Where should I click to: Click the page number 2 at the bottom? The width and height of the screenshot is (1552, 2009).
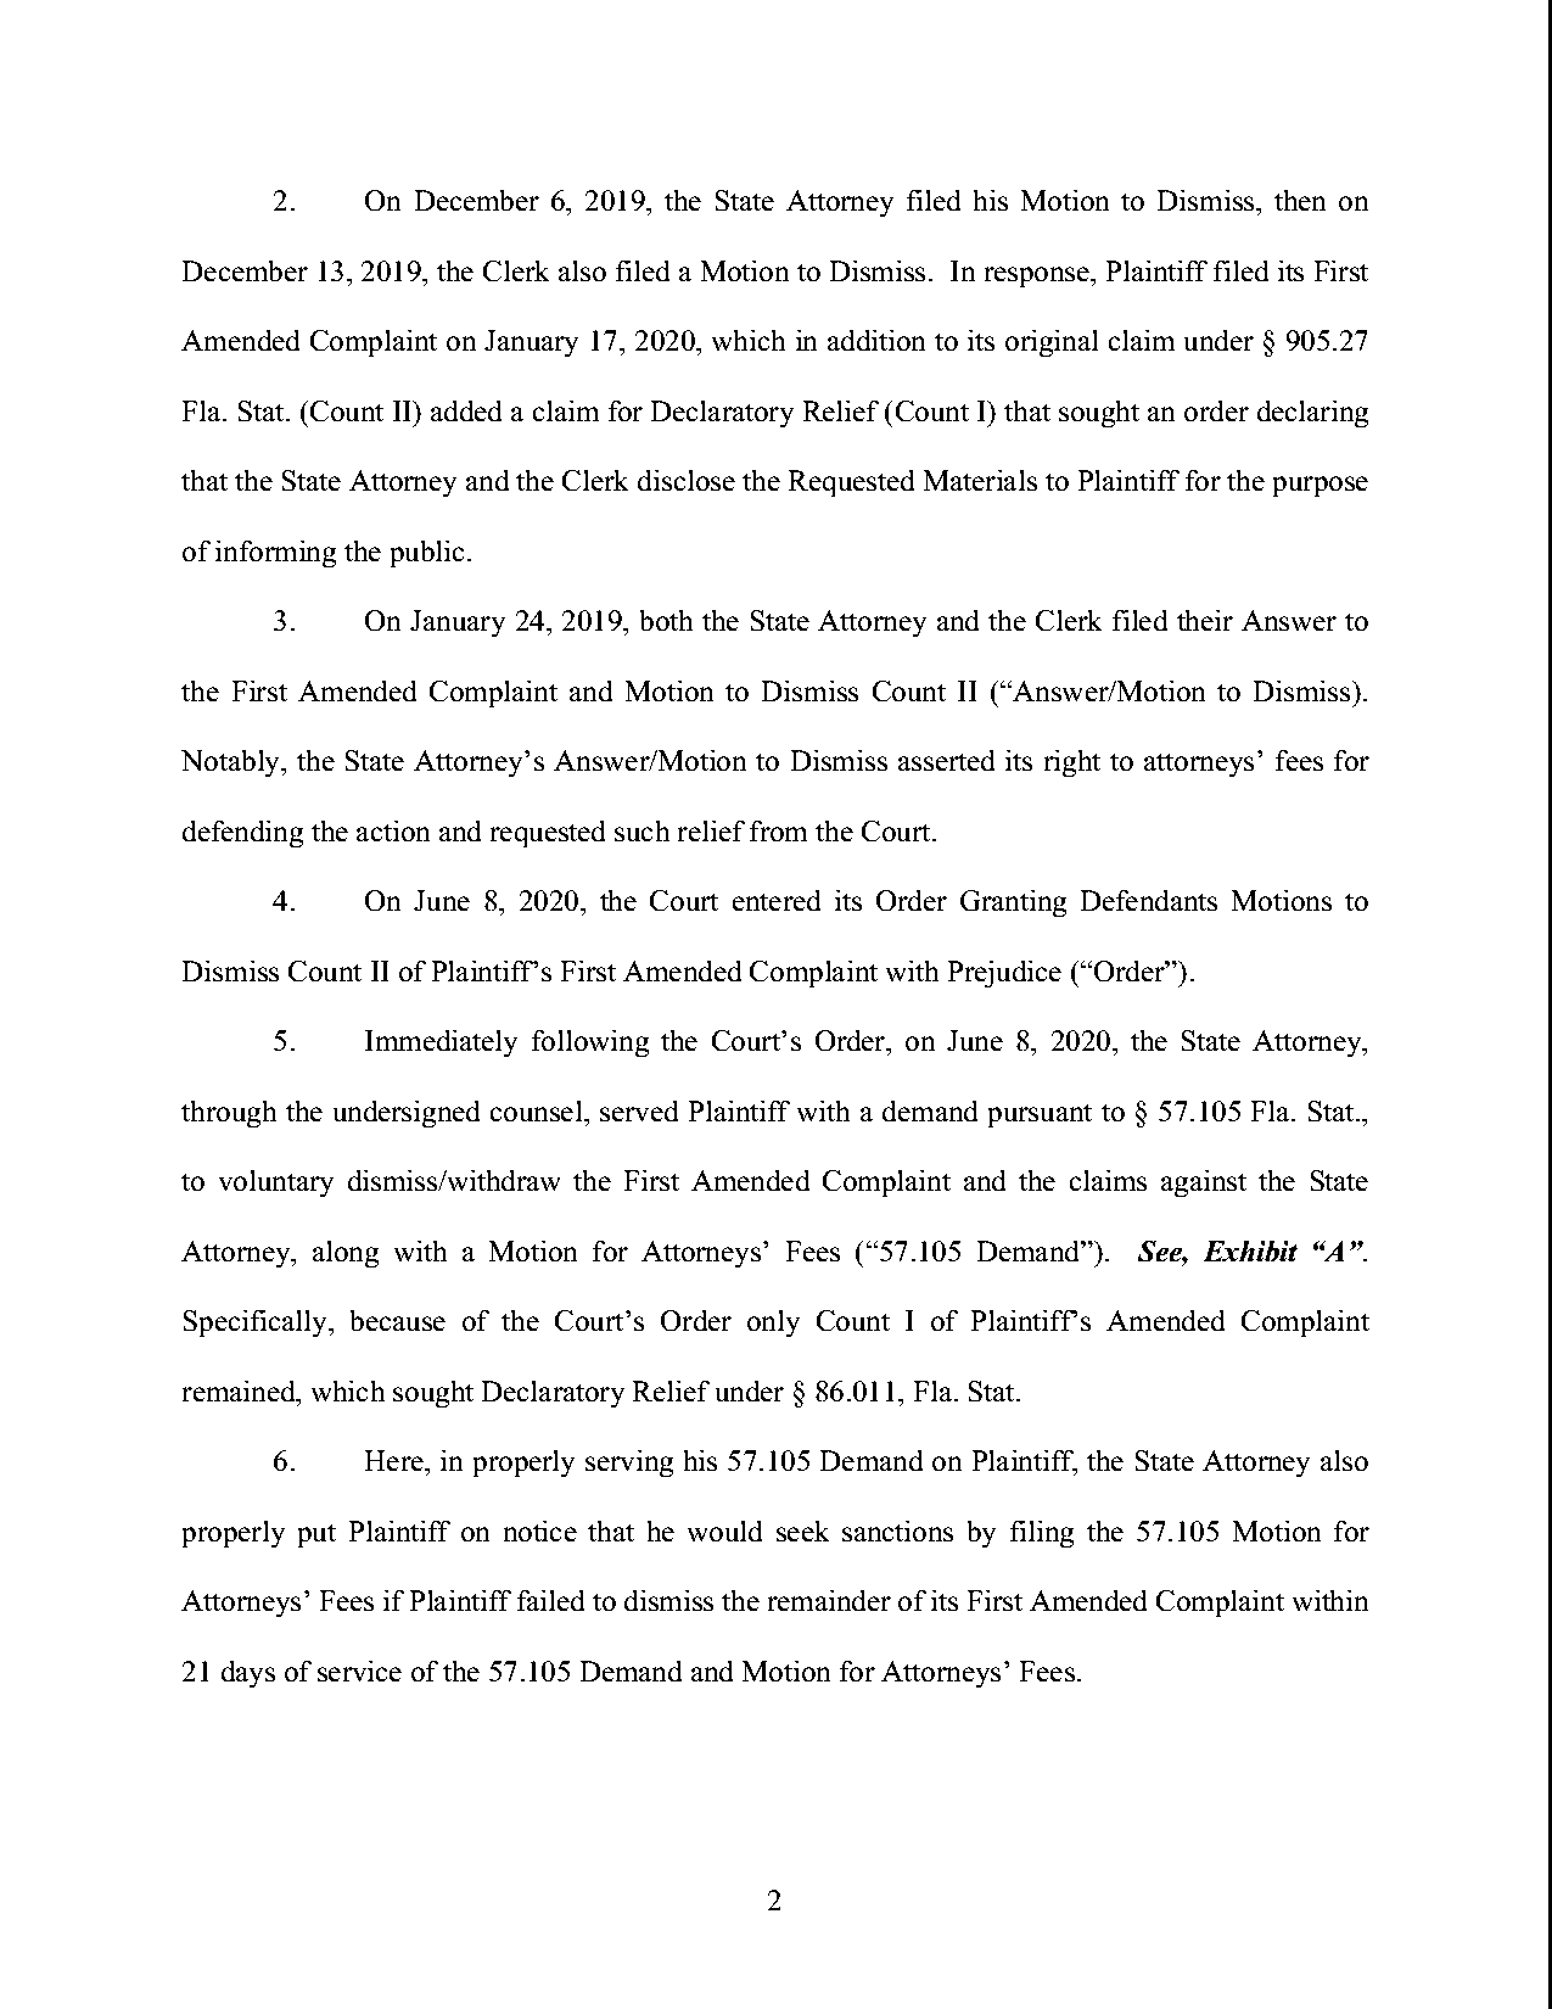774,1901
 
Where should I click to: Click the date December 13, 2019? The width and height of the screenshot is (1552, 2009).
304,272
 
